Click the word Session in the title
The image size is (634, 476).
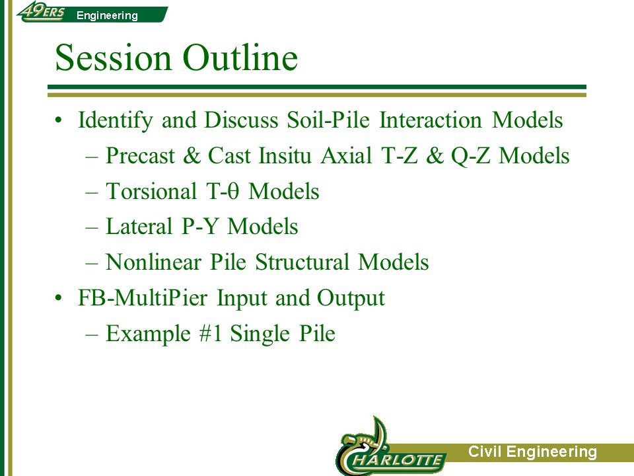tap(113, 58)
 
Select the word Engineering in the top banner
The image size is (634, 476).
tap(107, 15)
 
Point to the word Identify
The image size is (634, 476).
tap(115, 120)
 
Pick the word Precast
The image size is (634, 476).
tap(140, 155)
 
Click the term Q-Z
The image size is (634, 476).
tap(471, 156)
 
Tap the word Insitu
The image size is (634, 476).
tap(285, 155)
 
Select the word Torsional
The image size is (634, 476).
tap(151, 191)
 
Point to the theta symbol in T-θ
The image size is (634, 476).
tap(233, 191)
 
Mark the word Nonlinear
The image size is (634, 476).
tap(154, 262)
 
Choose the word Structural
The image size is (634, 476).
tap(302, 262)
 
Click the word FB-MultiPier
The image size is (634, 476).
tap(143, 297)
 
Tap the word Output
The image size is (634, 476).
tap(351, 298)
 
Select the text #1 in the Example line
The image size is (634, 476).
tap(211, 333)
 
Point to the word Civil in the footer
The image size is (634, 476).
tap(484, 452)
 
